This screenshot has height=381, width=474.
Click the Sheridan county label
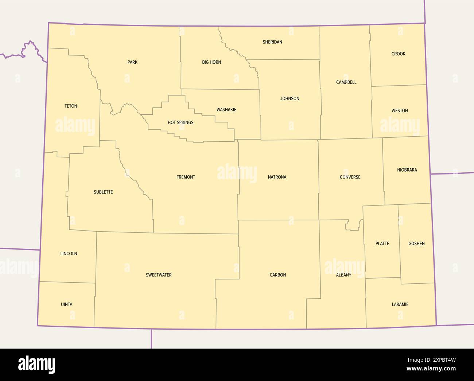(272, 42)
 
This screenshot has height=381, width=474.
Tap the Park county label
(132, 62)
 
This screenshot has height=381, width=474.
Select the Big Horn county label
(211, 62)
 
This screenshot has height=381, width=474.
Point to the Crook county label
(398, 54)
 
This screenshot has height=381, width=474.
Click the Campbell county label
(346, 82)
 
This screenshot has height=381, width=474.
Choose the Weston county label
(400, 111)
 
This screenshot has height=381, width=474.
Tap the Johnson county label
(290, 99)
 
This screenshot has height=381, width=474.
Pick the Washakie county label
(226, 110)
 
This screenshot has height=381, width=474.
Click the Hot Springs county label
(180, 123)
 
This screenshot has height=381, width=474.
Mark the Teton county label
(71, 106)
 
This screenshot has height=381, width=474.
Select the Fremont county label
(186, 177)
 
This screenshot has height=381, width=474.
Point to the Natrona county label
(277, 177)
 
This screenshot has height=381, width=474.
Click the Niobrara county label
(407, 170)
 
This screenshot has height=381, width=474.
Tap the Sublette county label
(103, 192)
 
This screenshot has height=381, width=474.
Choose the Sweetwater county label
(159, 275)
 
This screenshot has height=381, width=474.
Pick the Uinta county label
(67, 305)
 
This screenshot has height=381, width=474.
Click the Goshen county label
(416, 244)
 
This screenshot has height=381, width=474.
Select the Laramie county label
(400, 305)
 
